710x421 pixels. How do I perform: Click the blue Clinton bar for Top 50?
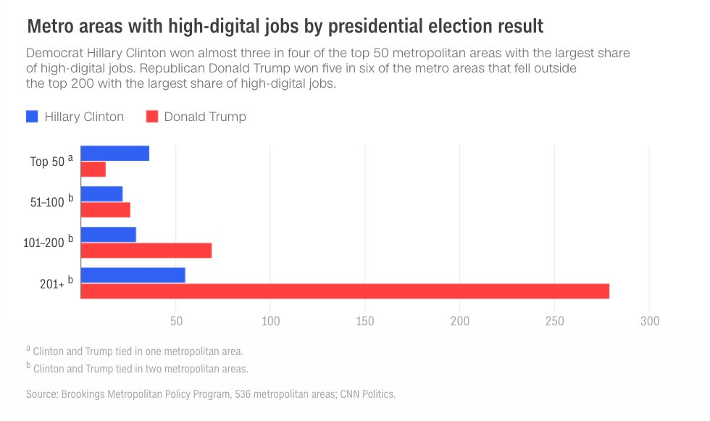114,153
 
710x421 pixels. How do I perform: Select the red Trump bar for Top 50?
93,170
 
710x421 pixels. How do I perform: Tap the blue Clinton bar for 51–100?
101,193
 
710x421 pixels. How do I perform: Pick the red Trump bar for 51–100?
105,209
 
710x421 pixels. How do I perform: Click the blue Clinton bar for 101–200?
108,234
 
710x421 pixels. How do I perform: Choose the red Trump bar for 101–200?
146,250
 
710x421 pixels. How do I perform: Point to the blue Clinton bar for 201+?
133,275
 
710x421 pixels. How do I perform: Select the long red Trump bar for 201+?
344,291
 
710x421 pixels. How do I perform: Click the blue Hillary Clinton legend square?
32,116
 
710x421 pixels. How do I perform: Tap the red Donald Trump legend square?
152,116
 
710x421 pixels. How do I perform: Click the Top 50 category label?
49,162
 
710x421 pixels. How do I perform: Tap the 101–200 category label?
44,243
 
